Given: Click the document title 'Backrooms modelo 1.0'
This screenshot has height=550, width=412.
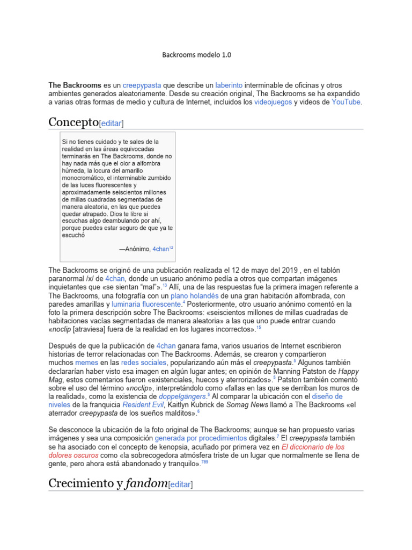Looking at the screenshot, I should [197, 55].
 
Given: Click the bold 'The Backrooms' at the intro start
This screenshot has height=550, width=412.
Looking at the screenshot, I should [75, 85].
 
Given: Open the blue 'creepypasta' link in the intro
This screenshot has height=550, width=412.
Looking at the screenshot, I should [142, 85].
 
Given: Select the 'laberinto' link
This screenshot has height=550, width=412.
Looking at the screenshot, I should [229, 85].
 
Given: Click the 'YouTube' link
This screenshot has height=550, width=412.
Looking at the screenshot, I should [346, 102].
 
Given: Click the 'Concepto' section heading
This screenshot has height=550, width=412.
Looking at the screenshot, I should [73, 122].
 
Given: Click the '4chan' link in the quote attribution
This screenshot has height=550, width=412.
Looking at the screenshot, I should [160, 249].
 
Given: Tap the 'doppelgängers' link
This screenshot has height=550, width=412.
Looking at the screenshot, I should [183, 396].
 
